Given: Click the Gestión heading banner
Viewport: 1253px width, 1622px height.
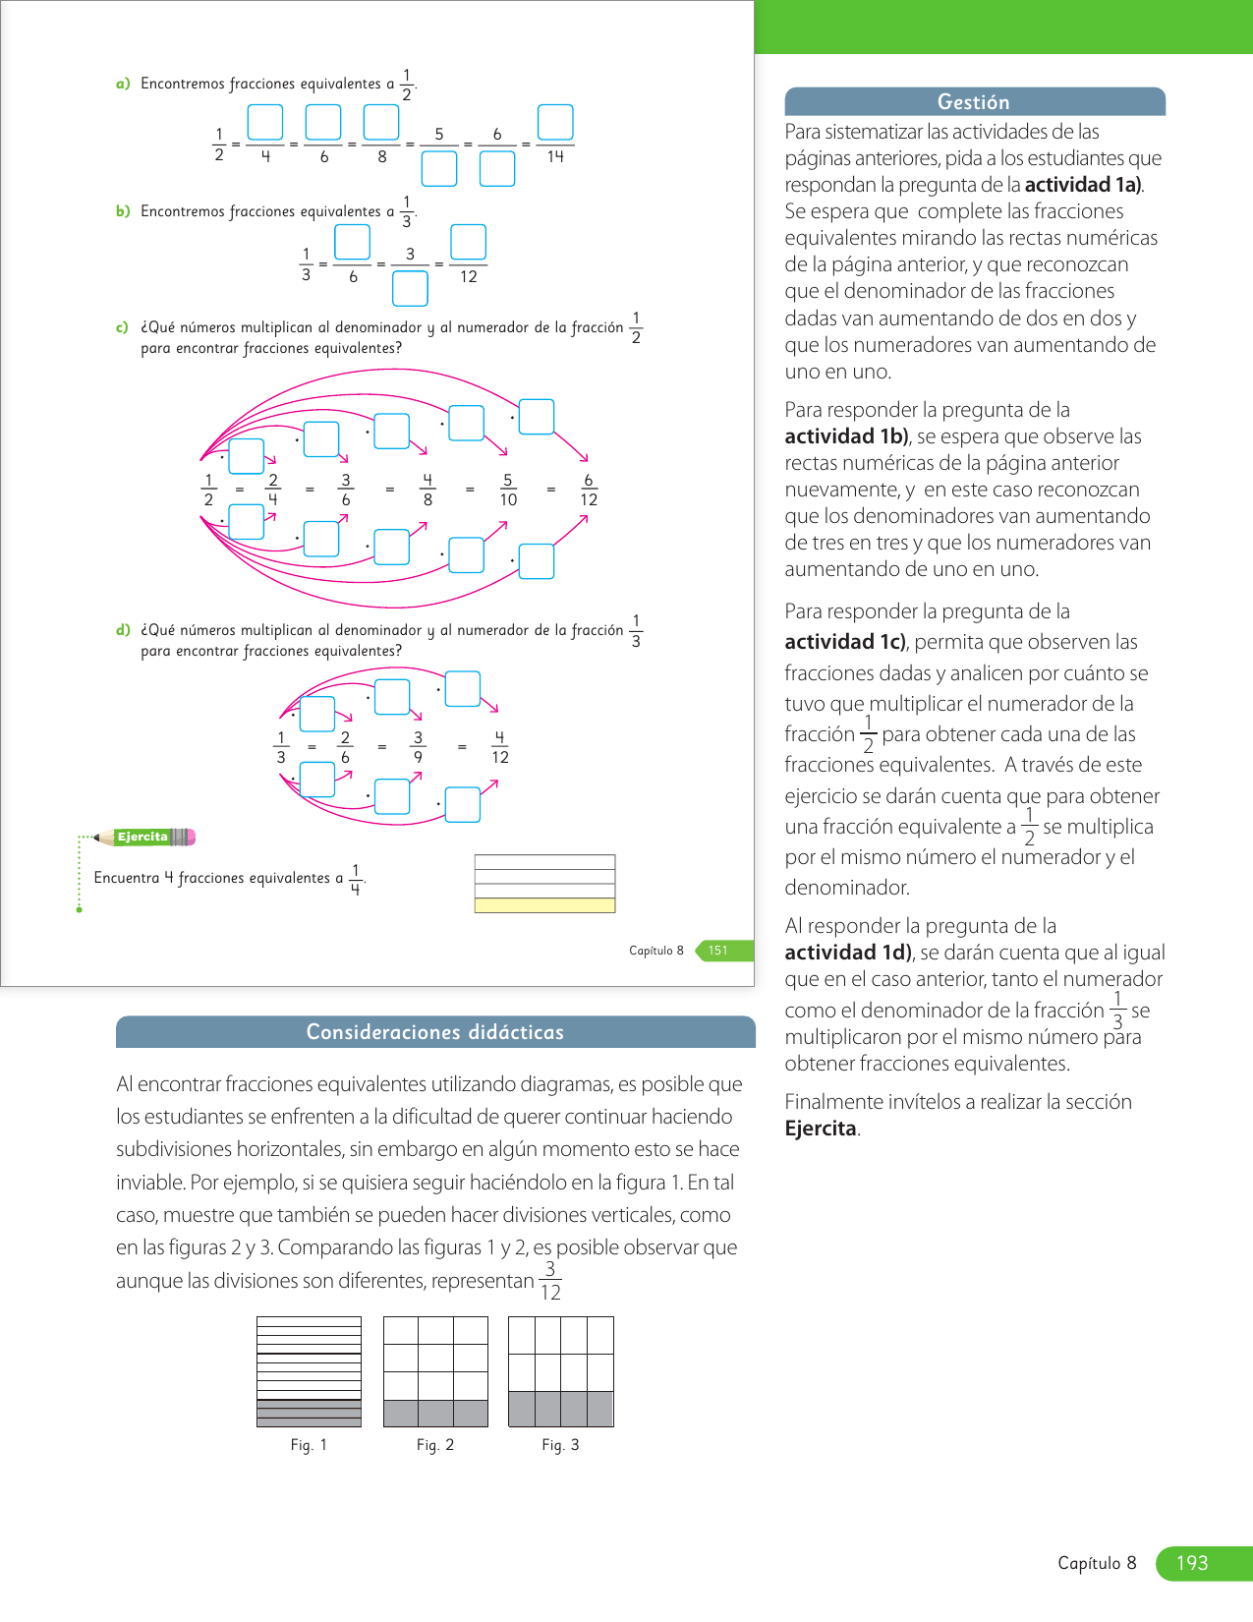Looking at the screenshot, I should [x=974, y=102].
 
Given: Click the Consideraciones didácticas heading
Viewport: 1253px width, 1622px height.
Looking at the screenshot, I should [x=435, y=1032].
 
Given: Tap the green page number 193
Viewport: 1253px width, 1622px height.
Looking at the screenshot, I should [x=1192, y=1563].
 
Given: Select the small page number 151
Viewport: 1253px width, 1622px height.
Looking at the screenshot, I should [x=718, y=951].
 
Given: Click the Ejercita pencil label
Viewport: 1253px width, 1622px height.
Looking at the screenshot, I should [x=143, y=838].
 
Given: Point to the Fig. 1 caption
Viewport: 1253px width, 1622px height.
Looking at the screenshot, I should [x=309, y=1445].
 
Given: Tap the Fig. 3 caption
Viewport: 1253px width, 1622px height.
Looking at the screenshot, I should [x=560, y=1445].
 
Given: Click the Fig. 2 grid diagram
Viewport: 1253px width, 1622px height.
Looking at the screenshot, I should [x=435, y=1372].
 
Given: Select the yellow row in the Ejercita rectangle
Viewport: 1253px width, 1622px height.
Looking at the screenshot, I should [x=544, y=905].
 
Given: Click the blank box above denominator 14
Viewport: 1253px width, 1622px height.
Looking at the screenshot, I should [x=555, y=123].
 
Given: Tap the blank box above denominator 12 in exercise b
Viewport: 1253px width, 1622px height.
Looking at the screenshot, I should [x=468, y=242].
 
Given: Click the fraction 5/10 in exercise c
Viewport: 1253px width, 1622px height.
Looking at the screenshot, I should [x=508, y=490].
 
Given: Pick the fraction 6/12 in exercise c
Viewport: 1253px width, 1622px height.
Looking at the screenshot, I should [x=589, y=490].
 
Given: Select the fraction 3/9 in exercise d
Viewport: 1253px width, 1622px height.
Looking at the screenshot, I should [x=418, y=747].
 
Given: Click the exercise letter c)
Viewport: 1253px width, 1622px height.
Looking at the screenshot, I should [x=123, y=327].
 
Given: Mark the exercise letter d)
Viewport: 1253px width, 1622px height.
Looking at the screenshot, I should [x=123, y=630].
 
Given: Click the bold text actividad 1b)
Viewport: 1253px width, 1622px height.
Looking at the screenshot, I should [x=847, y=436].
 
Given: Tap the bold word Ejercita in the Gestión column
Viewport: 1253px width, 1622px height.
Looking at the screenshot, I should [x=821, y=1129].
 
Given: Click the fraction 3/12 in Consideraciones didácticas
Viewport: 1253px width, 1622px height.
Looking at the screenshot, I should [x=550, y=1281].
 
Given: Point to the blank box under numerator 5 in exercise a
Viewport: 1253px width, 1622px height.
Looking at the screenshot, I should [x=439, y=169].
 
